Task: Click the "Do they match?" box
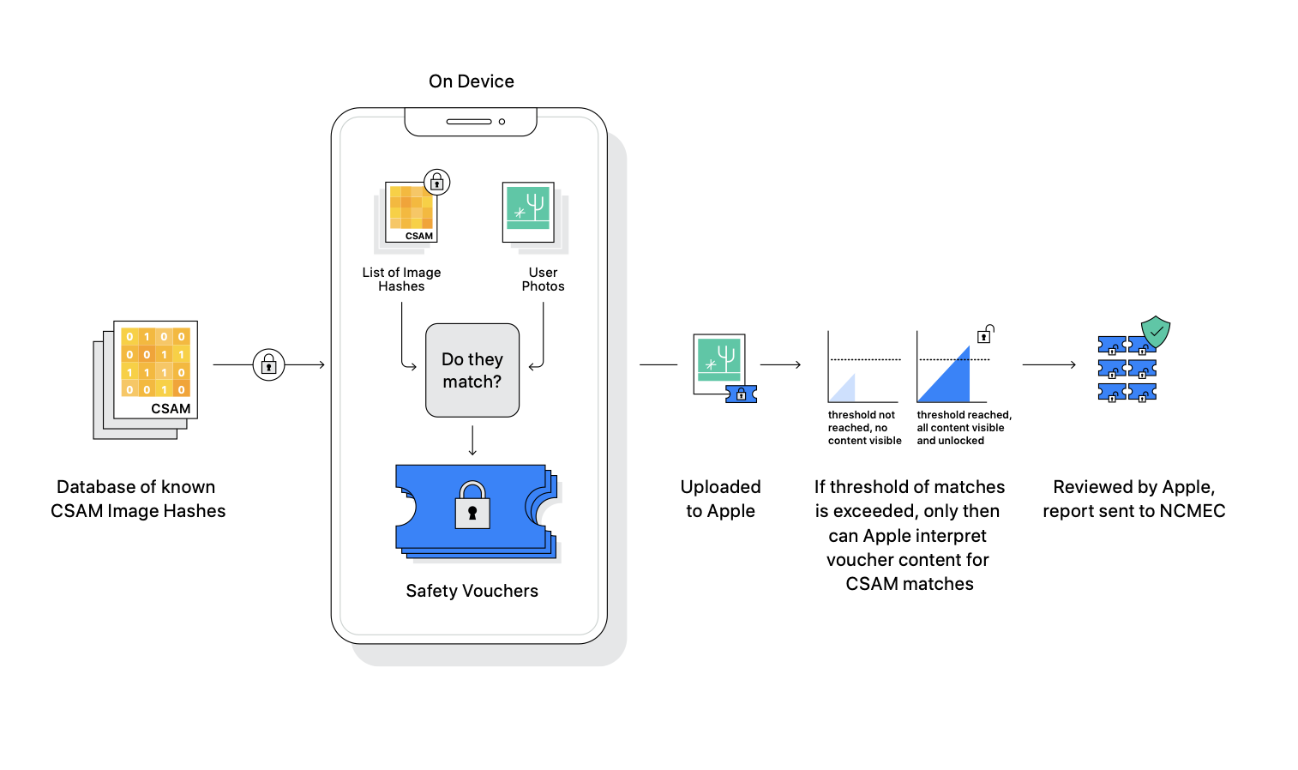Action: pyautogui.click(x=472, y=370)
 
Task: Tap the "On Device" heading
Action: pyautogui.click(x=472, y=81)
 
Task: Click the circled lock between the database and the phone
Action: pyautogui.click(x=269, y=364)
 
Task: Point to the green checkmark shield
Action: pyautogui.click(x=1156, y=331)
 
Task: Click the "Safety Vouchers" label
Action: pyautogui.click(x=472, y=591)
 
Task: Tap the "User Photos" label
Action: pyautogui.click(x=543, y=280)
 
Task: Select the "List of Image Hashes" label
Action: pyautogui.click(x=401, y=280)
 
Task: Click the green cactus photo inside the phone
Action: pyautogui.click(x=528, y=212)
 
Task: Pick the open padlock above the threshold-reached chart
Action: pyautogui.click(x=985, y=334)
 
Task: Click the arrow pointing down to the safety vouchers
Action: pyautogui.click(x=472, y=441)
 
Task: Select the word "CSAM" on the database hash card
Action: pyautogui.click(x=171, y=408)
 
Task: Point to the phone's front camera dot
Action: pyautogui.click(x=502, y=122)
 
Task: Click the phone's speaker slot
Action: pyautogui.click(x=469, y=122)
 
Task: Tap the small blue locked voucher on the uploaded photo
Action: pyautogui.click(x=741, y=394)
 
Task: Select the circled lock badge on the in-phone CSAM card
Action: pyautogui.click(x=437, y=183)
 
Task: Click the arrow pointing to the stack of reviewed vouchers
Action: pyautogui.click(x=1049, y=364)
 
